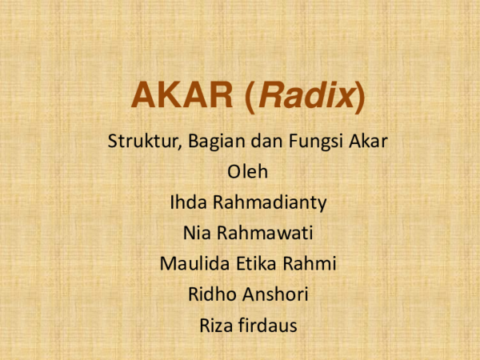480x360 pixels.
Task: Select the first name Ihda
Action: click(186, 203)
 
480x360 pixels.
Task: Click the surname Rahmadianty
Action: click(269, 203)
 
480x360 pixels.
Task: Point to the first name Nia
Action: click(197, 234)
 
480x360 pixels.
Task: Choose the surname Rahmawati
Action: click(265, 234)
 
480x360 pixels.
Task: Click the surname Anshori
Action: click(274, 294)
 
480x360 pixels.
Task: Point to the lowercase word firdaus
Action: click(269, 325)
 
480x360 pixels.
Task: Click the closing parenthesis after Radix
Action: click(359, 97)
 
